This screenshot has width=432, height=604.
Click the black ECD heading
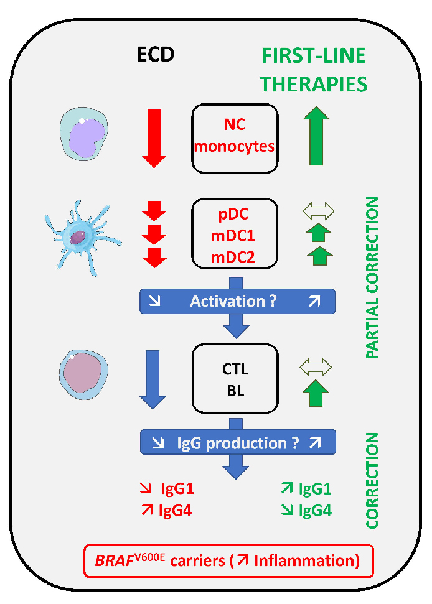pos(156,55)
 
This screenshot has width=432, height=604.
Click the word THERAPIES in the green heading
pos(314,83)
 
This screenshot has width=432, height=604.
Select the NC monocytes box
pos(235,137)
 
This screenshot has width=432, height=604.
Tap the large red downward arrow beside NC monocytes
pos(154,137)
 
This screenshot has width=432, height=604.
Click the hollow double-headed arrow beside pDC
pos(317,210)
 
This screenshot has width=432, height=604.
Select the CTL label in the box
pos(235,369)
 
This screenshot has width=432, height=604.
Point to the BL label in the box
pos(235,392)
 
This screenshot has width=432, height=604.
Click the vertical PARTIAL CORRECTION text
pos(372,277)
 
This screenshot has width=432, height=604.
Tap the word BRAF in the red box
pos(112,561)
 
